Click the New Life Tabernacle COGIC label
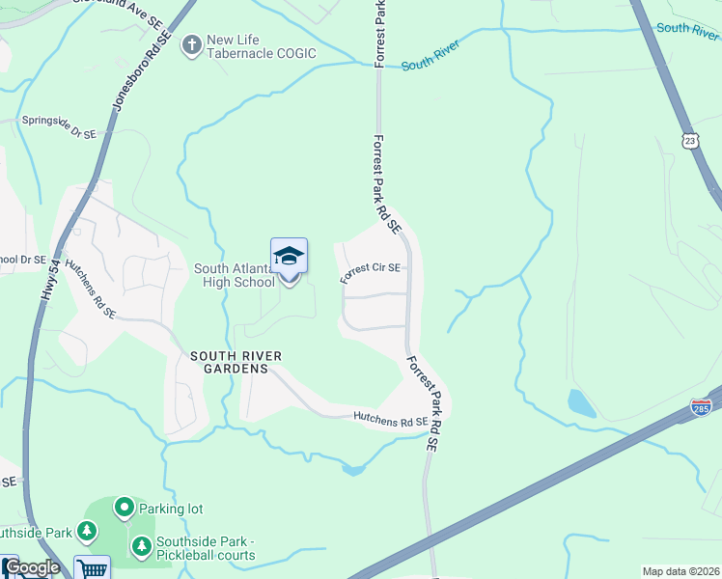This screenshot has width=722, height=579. pyautogui.click(x=261, y=45)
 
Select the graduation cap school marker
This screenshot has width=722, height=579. pyautogui.click(x=289, y=257)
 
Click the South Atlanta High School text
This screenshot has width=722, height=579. pyautogui.click(x=235, y=275)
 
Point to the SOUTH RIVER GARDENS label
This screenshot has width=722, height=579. pyautogui.click(x=236, y=363)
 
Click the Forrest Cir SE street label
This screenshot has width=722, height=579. pyautogui.click(x=370, y=271)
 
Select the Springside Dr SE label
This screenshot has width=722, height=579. pyautogui.click(x=61, y=125)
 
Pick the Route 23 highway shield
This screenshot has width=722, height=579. pyautogui.click(x=689, y=141)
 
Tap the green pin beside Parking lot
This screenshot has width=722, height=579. pyautogui.click(x=124, y=507)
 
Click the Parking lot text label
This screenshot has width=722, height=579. pyautogui.click(x=171, y=508)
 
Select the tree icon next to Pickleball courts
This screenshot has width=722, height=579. pyautogui.click(x=142, y=547)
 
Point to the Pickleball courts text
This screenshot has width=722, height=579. pyautogui.click(x=208, y=555)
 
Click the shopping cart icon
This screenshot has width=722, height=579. pyautogui.click(x=93, y=567)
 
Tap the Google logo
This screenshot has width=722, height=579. pyautogui.click(x=31, y=567)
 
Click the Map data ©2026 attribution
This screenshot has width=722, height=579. pyautogui.click(x=680, y=571)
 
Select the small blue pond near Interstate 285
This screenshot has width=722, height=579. pyautogui.click(x=581, y=402)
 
